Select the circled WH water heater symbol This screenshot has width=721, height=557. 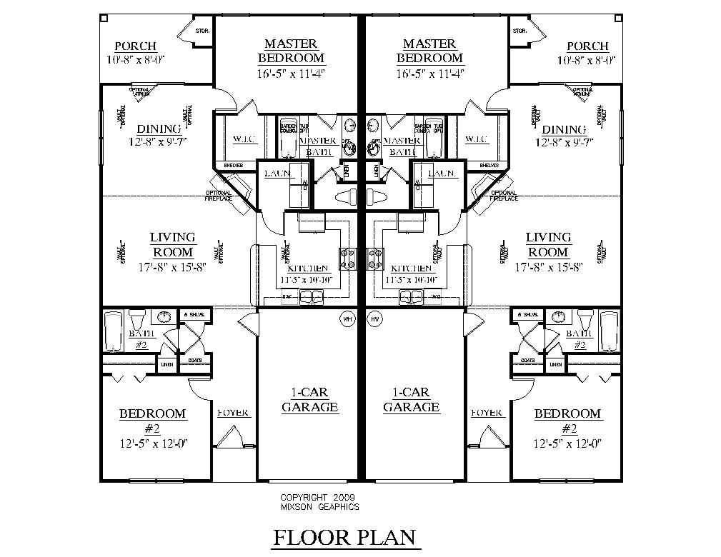348,318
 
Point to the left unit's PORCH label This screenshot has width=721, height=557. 136,46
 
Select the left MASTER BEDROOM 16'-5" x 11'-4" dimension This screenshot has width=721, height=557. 291,72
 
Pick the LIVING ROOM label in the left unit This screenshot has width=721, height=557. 173,244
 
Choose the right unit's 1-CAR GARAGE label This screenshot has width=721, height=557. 411,400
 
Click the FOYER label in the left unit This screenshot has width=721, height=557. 233,413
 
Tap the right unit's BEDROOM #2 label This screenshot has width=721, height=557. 568,421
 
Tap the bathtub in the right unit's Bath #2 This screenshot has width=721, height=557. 609,331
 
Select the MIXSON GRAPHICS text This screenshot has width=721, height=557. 319,507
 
